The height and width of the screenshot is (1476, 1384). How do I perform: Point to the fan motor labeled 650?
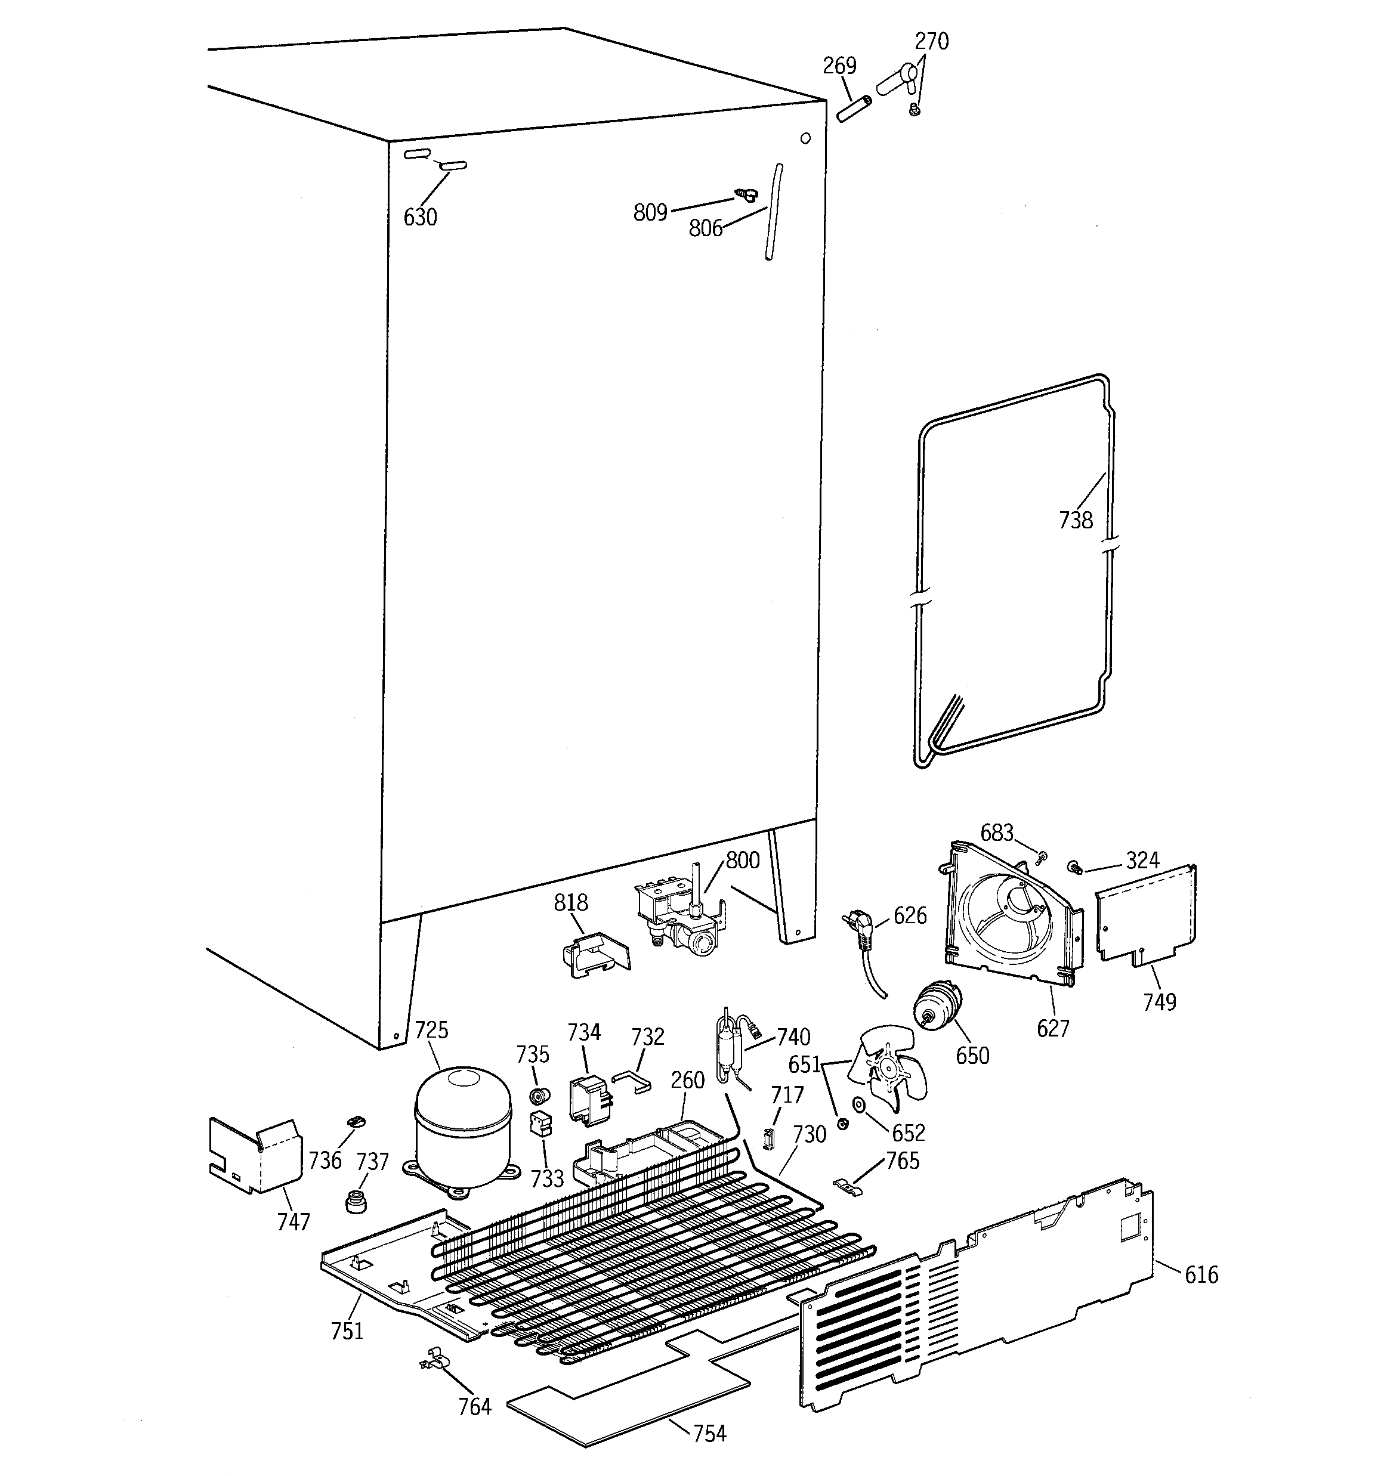click(935, 1006)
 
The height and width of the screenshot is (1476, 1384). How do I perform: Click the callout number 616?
click(1201, 1275)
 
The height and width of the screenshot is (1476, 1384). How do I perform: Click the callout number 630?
click(420, 218)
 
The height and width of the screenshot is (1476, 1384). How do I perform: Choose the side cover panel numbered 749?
click(1145, 915)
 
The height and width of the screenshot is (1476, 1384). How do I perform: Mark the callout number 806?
click(705, 228)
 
